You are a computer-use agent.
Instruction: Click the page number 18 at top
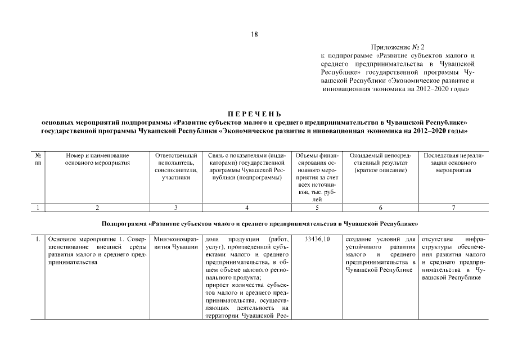tap(254, 35)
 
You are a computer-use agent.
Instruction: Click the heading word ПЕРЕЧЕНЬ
tap(254, 114)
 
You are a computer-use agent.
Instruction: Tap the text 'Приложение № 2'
tap(396, 47)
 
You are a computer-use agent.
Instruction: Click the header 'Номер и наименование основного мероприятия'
tap(97, 159)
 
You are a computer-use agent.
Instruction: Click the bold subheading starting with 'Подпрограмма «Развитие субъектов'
tap(254, 223)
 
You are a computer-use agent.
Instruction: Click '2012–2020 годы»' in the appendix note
tap(442, 89)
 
